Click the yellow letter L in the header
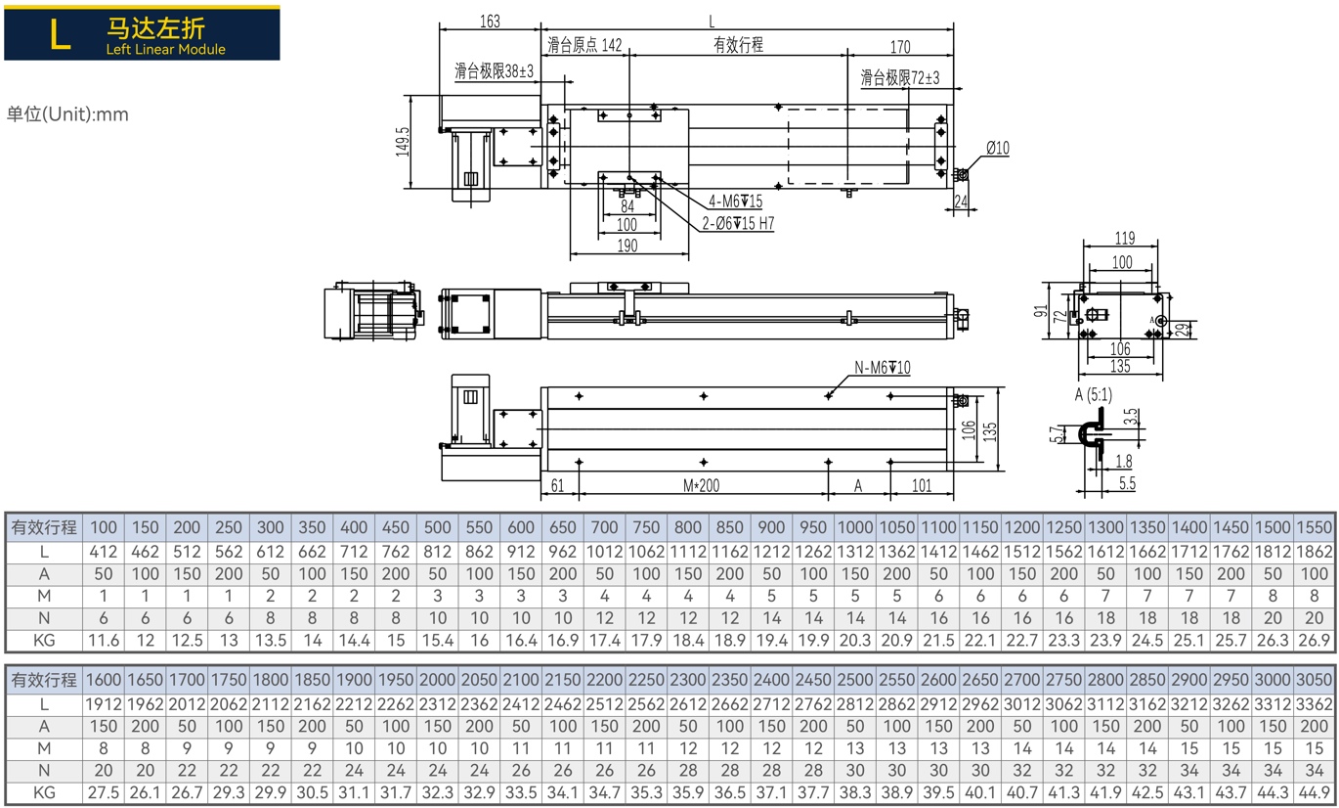tap(61, 33)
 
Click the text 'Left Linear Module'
tap(165, 50)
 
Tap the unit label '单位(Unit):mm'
tap(67, 114)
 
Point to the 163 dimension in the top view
tap(490, 22)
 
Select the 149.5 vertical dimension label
tap(403, 142)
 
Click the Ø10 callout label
tap(998, 148)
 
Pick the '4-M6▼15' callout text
tap(735, 201)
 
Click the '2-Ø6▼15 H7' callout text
tap(738, 224)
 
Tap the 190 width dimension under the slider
tap(627, 246)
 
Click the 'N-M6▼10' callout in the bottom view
tap(883, 367)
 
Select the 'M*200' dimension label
tap(701, 485)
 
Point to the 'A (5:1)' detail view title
tap(1094, 395)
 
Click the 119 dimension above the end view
tap(1124, 239)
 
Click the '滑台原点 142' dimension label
tap(584, 45)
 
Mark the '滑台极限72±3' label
tap(899, 77)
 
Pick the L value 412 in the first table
tap(103, 552)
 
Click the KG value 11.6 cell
tap(104, 641)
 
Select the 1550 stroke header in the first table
tap(1314, 527)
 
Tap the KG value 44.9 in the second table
tap(1314, 793)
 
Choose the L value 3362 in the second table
tap(1314, 704)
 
